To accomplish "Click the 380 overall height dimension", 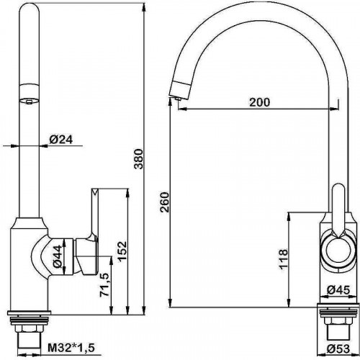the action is point(138,159).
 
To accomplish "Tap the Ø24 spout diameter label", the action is point(61,140).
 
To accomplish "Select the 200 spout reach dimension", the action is point(260,102).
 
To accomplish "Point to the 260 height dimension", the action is point(165,202).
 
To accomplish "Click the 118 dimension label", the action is point(284,259).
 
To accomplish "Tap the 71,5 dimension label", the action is point(105,285).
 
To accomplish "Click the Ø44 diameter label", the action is point(58,257).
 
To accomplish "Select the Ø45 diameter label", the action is point(338,291).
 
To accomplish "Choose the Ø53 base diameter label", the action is point(338,348).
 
